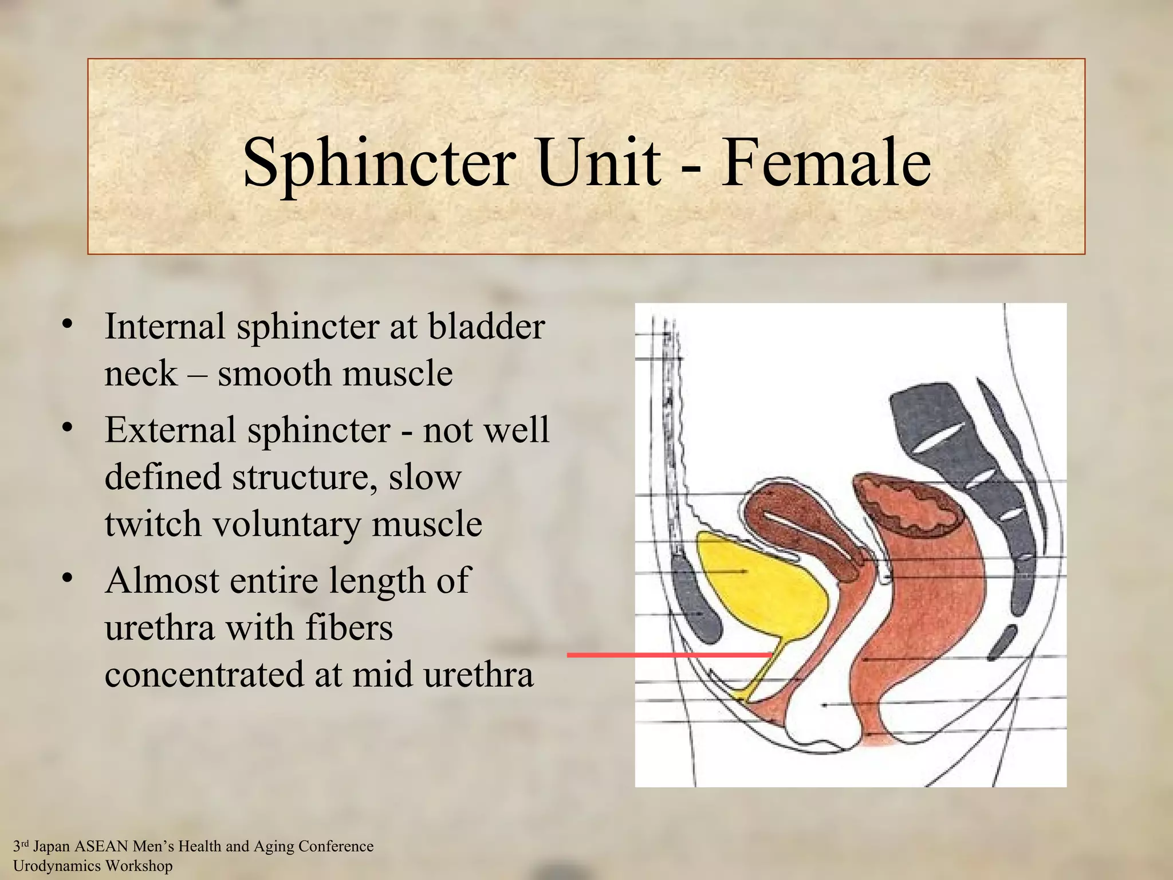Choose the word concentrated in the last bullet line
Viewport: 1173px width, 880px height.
(x=204, y=675)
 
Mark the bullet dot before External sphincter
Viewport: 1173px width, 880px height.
(x=68, y=429)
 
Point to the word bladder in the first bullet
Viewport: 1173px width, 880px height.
(x=487, y=327)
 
